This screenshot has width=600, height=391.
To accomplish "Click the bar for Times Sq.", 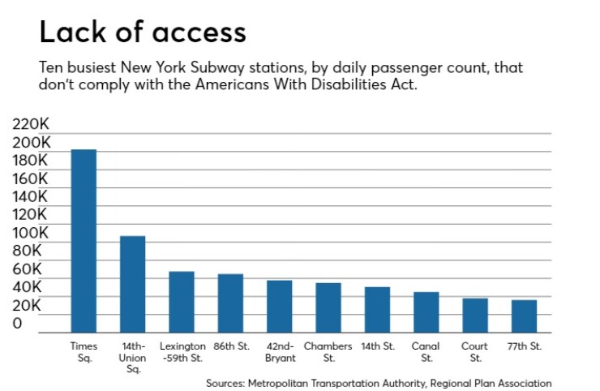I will [x=84, y=241].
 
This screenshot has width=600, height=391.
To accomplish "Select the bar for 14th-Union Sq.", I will [x=132, y=284].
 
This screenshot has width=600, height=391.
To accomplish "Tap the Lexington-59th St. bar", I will [x=181, y=302].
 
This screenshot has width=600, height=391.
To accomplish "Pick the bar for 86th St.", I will [x=230, y=303].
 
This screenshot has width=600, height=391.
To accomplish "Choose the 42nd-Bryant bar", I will [x=279, y=307].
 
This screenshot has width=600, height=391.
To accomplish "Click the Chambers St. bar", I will [x=328, y=307].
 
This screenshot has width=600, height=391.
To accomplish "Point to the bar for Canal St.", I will [x=426, y=312].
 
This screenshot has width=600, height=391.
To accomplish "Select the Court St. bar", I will [x=475, y=316].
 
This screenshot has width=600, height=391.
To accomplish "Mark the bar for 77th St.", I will [x=524, y=316].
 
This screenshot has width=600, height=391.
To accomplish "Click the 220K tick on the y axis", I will [x=31, y=125].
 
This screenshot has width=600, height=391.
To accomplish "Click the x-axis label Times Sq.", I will [x=84, y=351].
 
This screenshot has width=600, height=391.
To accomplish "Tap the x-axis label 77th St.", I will [x=524, y=346].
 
